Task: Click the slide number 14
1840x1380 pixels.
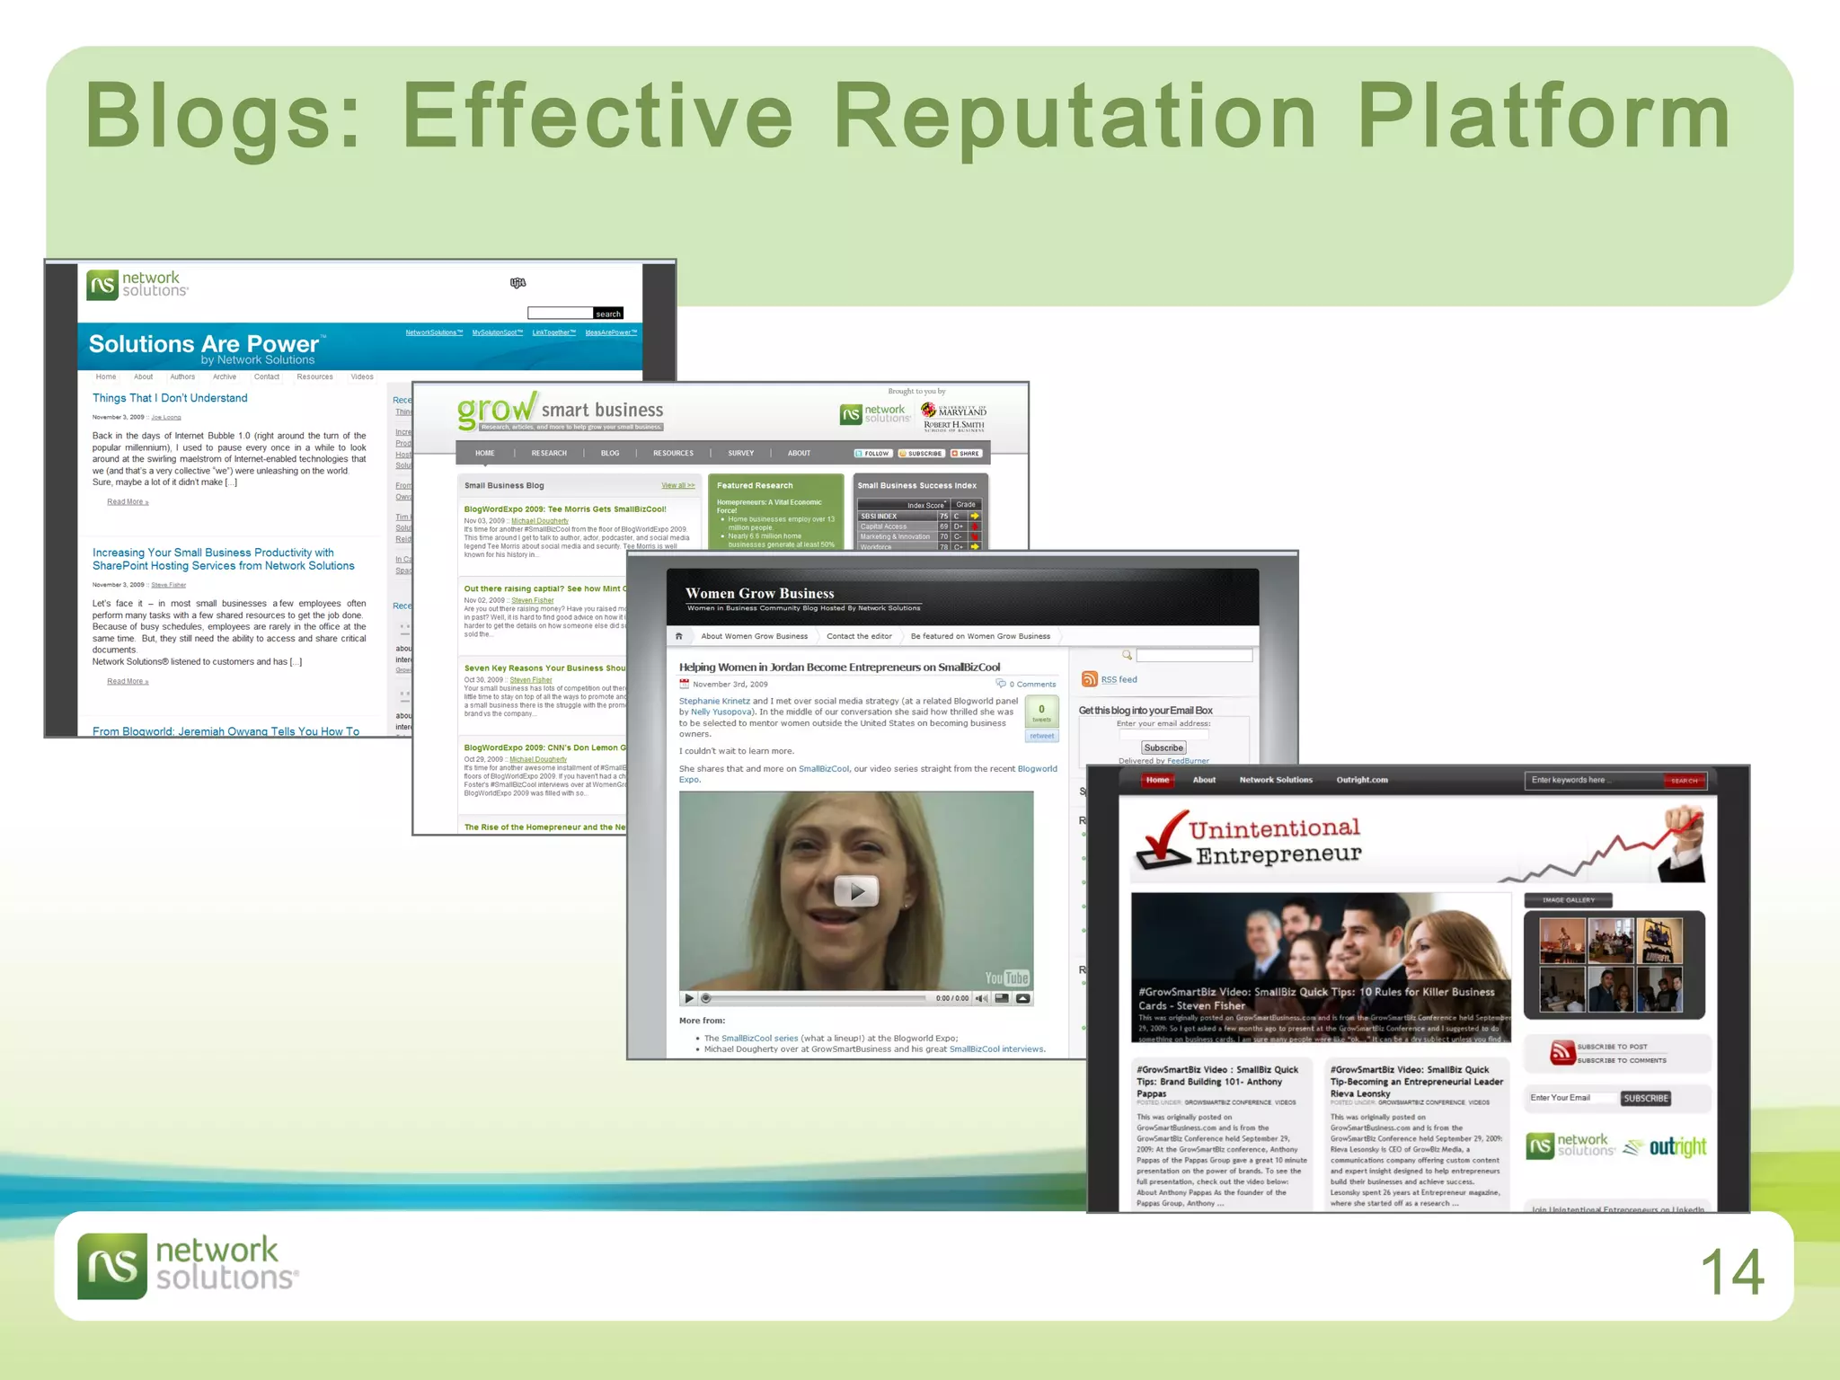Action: pyautogui.click(x=1731, y=1272)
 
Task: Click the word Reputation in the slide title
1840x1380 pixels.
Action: pyautogui.click(x=1075, y=117)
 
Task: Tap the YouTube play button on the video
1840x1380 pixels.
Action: pyautogui.click(x=855, y=891)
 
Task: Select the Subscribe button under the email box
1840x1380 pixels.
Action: pyautogui.click(x=1163, y=747)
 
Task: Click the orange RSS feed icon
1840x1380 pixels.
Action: pyautogui.click(x=1089, y=679)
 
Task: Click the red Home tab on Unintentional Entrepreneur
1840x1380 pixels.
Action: pyautogui.click(x=1157, y=780)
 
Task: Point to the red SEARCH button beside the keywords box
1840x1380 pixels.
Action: pyautogui.click(x=1684, y=781)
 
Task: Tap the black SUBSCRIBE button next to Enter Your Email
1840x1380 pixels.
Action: pyautogui.click(x=1645, y=1098)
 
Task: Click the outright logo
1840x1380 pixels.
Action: pyautogui.click(x=1676, y=1147)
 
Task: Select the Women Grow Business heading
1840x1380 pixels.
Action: pyautogui.click(x=759, y=593)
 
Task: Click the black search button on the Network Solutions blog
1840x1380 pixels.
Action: pyautogui.click(x=608, y=314)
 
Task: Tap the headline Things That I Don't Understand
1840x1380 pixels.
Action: pyautogui.click(x=170, y=398)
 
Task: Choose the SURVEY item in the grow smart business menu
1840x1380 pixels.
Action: pyautogui.click(x=740, y=453)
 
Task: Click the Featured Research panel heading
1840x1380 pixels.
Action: pyautogui.click(x=755, y=485)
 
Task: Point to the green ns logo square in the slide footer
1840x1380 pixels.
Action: pyautogui.click(x=111, y=1266)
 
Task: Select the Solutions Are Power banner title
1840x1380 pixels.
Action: pyautogui.click(x=204, y=344)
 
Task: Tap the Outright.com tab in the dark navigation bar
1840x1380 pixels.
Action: pyautogui.click(x=1361, y=780)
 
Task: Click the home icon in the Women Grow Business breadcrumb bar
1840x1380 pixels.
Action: pyautogui.click(x=679, y=636)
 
